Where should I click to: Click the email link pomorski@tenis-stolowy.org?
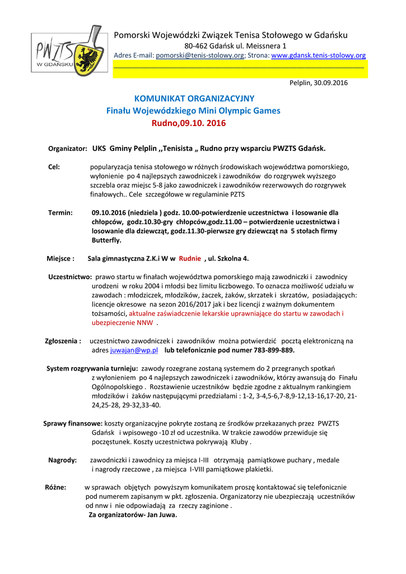point(200,55)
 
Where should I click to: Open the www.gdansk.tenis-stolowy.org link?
point(318,55)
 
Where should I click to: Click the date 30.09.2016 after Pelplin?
point(330,82)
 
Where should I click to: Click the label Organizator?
point(68,149)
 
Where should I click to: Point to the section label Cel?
point(54,167)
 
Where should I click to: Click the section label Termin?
point(60,213)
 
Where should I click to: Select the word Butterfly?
point(106,240)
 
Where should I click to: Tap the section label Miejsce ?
point(60,258)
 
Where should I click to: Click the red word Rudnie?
point(190,258)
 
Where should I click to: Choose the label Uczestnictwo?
point(70,277)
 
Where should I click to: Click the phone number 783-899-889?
point(273,350)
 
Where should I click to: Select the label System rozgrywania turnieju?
point(92,368)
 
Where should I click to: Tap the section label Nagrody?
point(62,460)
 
